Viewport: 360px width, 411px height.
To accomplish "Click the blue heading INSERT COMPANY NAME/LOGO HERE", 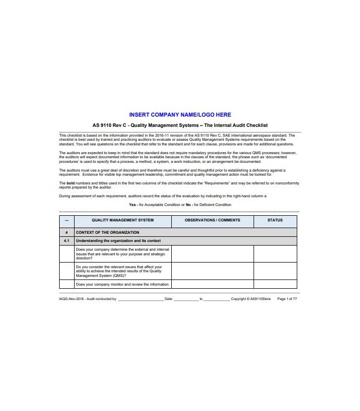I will [180, 115].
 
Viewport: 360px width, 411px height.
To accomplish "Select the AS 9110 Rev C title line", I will [180, 125].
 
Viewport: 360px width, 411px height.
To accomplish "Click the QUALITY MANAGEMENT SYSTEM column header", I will [122, 220].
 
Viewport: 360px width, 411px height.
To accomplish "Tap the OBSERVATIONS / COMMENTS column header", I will [212, 220].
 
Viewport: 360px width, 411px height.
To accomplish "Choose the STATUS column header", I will [275, 220].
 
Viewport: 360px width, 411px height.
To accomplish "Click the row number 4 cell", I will [67, 233].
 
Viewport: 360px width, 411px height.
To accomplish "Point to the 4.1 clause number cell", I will [67, 240].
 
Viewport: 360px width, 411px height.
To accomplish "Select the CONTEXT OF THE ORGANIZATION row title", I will [107, 233].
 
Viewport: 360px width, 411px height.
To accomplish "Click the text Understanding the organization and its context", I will [118, 240].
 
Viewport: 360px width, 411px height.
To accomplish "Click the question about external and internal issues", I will [122, 254].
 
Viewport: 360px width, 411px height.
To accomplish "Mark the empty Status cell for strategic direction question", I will [275, 254].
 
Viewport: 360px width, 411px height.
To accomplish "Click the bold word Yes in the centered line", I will [133, 204].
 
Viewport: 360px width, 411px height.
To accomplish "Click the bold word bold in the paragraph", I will [70, 183].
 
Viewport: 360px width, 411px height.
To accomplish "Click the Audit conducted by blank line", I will [140, 299].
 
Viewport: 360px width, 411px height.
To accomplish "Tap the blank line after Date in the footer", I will [186, 299].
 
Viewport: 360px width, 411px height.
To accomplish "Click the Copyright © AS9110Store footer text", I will [250, 298].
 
